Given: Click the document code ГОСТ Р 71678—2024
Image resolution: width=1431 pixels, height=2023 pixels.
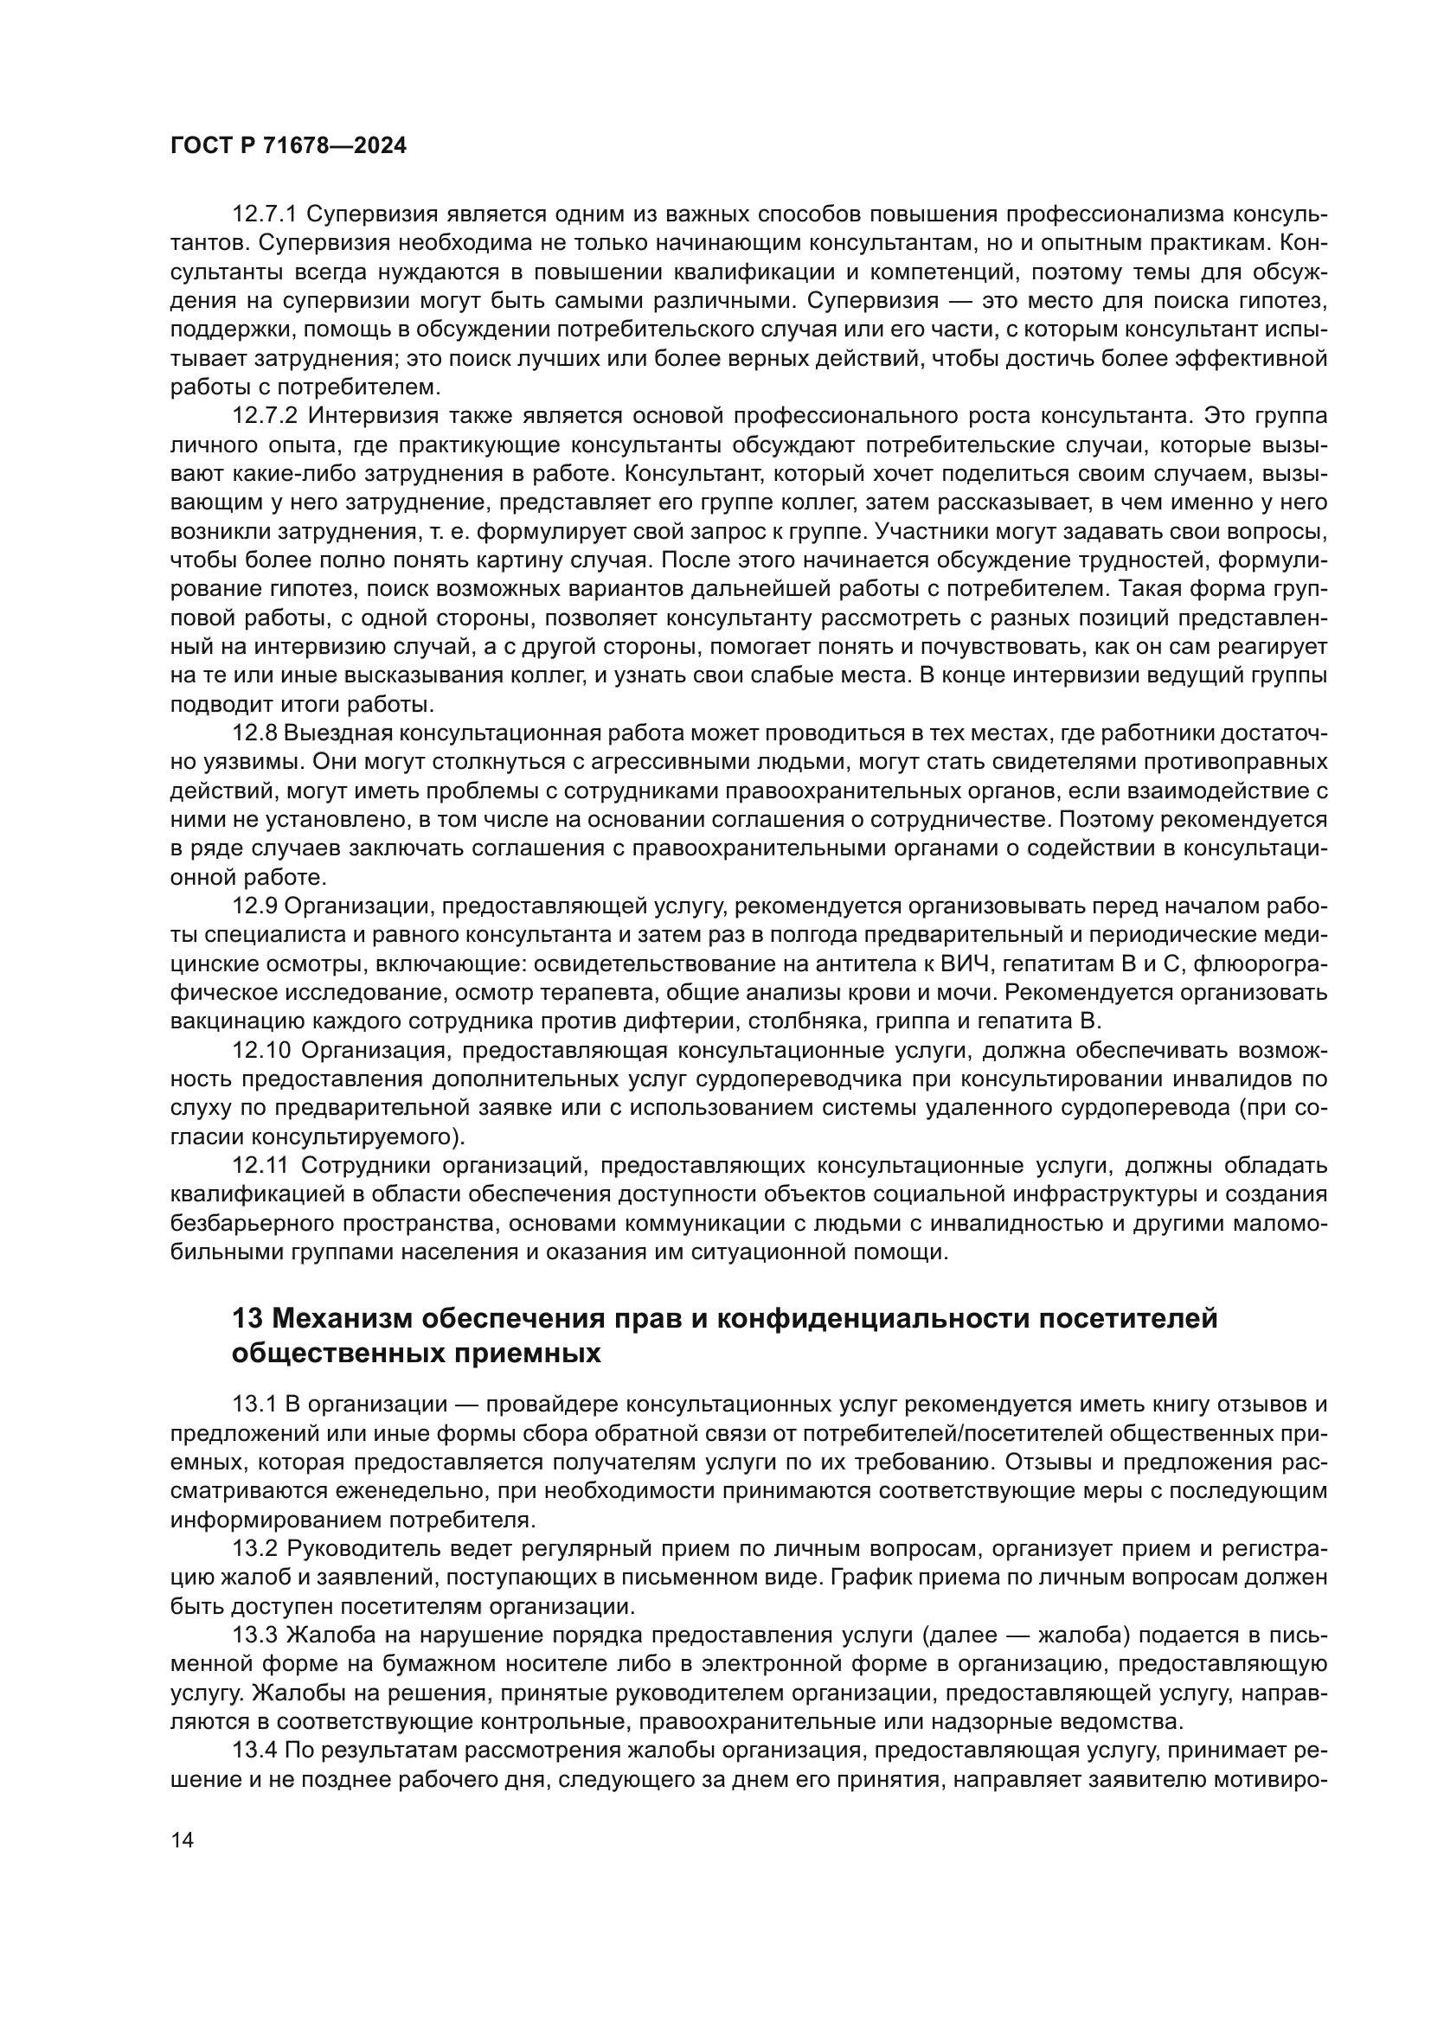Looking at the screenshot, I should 288,146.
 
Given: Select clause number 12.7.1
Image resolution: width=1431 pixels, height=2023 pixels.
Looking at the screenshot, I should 265,214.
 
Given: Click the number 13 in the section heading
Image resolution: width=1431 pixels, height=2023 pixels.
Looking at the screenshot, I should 247,1319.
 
